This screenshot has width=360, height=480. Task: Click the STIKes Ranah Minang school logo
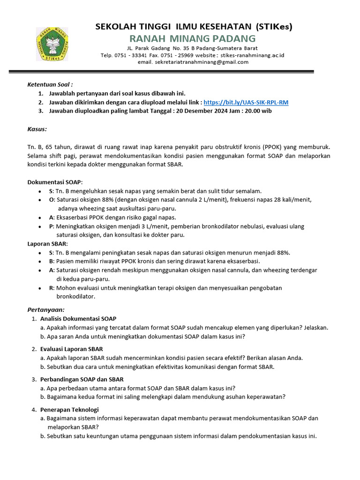pos(55,45)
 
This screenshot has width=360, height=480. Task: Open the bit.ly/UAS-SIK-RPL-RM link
pos(246,102)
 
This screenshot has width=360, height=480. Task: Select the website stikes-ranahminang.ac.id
pos(252,55)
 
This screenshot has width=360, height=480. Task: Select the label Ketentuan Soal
pos(50,84)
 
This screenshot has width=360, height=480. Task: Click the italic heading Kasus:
pos(37,129)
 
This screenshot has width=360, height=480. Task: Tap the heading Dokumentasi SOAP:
pos(55,182)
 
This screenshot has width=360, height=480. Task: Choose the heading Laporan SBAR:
pos(47,244)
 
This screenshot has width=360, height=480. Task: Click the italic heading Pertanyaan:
pos(46,310)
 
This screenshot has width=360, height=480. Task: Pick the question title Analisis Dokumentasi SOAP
pos(78,319)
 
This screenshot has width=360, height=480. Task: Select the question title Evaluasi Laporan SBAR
pos(72,349)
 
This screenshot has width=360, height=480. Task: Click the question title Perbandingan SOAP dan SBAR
pos(82,379)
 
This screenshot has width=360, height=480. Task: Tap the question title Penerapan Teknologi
pos(69,410)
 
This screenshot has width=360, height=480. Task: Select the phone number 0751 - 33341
pos(131,55)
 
